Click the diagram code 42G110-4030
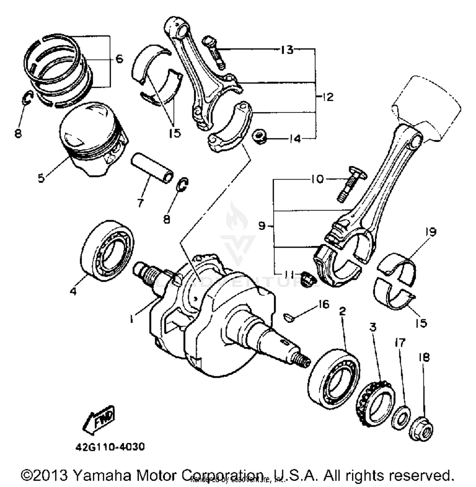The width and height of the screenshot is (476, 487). coord(110,447)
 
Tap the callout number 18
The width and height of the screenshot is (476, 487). coord(424,357)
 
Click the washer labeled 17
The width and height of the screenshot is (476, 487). coord(401,419)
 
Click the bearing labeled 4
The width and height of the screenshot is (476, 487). coord(107,251)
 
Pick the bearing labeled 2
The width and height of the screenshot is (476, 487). coord(334,378)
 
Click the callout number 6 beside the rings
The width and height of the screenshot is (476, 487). coord(119,59)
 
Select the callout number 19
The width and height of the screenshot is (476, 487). coord(431,232)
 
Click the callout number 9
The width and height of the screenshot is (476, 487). coord(261,226)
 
